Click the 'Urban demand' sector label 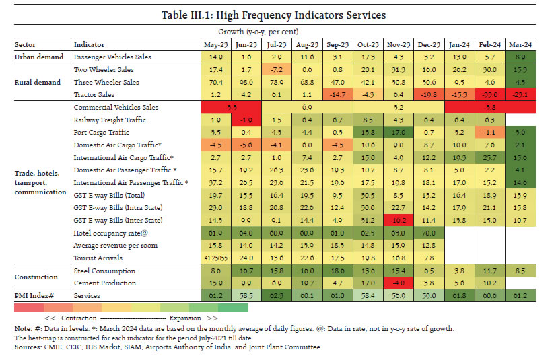click(39, 57)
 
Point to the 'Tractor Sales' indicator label click(94, 94)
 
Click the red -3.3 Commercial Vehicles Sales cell click(229, 107)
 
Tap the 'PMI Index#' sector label click(36, 295)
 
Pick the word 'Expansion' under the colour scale click(186, 317)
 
